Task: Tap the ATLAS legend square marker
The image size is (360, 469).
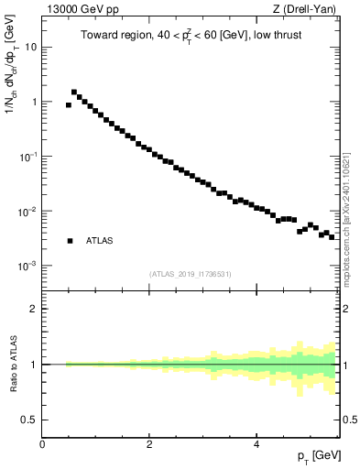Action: click(70, 241)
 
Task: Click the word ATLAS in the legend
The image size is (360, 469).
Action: click(100, 242)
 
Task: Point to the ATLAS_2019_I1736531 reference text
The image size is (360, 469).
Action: click(191, 274)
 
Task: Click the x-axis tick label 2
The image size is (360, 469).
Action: click(149, 444)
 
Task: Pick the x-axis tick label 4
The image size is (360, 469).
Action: click(256, 444)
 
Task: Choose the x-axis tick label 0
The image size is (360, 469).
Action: click(42, 444)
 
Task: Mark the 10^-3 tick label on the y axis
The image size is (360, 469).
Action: click(27, 266)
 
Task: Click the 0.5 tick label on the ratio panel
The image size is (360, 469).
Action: click(29, 420)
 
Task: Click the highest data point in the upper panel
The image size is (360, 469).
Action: click(74, 92)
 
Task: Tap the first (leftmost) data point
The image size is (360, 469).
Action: click(69, 104)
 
